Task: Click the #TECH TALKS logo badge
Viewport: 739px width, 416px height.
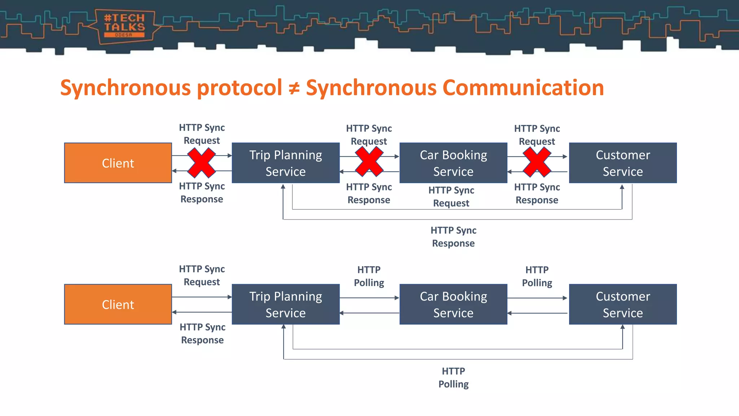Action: click(124, 26)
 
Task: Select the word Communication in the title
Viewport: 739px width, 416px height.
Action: click(523, 88)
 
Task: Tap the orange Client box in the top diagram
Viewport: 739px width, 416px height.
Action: click(118, 163)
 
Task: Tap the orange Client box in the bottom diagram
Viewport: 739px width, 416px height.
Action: click(118, 304)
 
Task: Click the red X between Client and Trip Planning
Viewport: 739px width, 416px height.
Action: click(201, 163)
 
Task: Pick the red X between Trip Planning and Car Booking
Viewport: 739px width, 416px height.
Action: click(369, 163)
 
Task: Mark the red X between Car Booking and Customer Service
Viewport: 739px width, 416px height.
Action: click(537, 163)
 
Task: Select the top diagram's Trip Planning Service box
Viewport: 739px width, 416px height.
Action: click(285, 163)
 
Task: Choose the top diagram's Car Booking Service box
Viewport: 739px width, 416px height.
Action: click(453, 163)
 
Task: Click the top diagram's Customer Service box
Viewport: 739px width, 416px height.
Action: click(622, 163)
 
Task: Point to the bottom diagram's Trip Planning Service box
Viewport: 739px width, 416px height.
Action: click(285, 304)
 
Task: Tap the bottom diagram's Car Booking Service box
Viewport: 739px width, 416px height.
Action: click(453, 304)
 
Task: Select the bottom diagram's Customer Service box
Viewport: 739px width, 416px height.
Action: click(622, 304)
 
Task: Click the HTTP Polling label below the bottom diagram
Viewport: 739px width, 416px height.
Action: click(453, 377)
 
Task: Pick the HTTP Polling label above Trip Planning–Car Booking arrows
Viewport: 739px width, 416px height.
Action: click(369, 276)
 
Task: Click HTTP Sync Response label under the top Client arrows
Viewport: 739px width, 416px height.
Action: click(202, 192)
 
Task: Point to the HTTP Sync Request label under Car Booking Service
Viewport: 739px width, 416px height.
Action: click(451, 196)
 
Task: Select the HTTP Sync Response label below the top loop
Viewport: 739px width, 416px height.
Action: click(453, 237)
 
